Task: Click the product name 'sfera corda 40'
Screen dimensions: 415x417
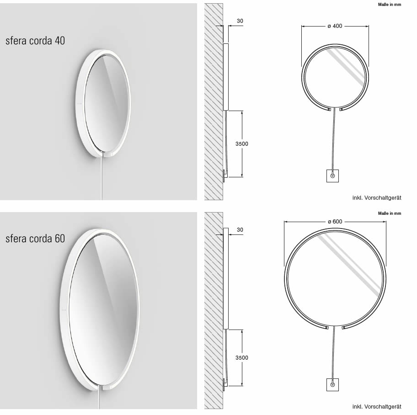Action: point(35,41)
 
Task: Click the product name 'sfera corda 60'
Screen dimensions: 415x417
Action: point(35,239)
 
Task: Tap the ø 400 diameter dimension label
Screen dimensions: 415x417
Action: point(335,26)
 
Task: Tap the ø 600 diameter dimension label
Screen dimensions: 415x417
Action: point(335,222)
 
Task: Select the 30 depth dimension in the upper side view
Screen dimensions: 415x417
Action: point(241,21)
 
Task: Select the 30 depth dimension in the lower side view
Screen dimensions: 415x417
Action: point(240,230)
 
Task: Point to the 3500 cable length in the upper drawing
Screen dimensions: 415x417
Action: point(241,144)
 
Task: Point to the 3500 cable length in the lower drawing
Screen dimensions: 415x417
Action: point(241,357)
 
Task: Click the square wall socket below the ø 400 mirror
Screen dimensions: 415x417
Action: point(332,176)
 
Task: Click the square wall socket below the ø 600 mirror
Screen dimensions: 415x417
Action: point(332,385)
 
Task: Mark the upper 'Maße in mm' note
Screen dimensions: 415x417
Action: point(389,5)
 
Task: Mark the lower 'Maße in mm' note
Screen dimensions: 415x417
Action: point(389,213)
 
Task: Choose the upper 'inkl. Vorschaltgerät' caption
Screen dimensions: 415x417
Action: point(376,197)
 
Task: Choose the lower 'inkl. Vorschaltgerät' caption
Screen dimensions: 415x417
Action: point(376,406)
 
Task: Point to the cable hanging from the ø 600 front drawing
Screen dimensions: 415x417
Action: point(334,354)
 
